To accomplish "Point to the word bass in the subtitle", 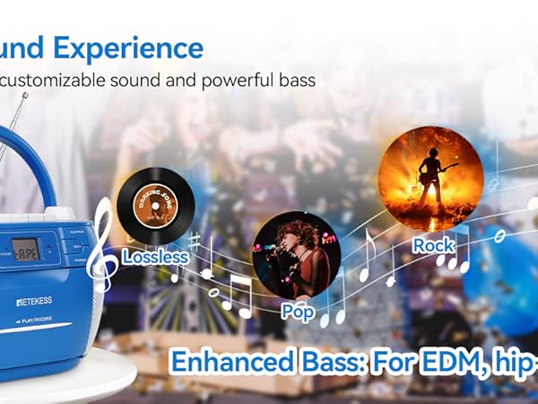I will (297, 80).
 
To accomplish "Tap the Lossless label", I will (154, 257).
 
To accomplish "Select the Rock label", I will (433, 244).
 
